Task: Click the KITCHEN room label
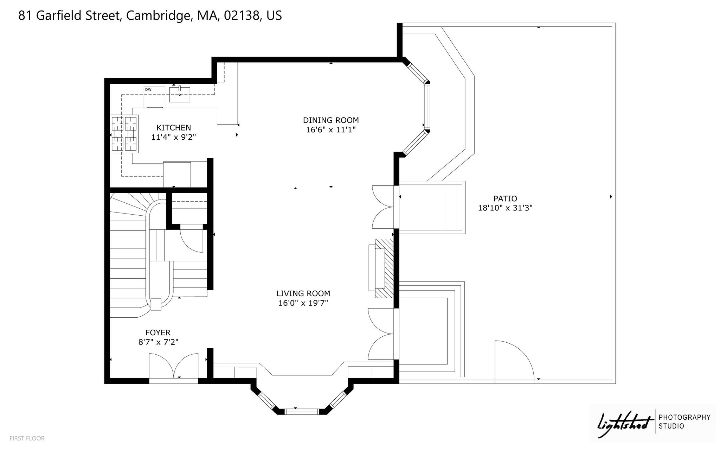[174, 128]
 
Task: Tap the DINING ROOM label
[331, 120]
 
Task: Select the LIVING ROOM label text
[303, 293]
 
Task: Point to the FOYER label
[158, 332]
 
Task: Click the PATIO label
[505, 198]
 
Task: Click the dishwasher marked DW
[154, 97]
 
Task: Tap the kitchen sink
[180, 94]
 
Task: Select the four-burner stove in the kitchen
[124, 134]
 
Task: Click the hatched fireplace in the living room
[384, 268]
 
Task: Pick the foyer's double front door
[174, 366]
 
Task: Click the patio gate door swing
[514, 361]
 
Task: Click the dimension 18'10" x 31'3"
[505, 208]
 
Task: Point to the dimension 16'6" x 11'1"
[331, 130]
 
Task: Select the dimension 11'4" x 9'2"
[173, 137]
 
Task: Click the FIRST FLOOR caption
[27, 438]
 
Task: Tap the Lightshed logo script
[623, 425]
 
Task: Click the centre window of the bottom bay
[302, 411]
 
